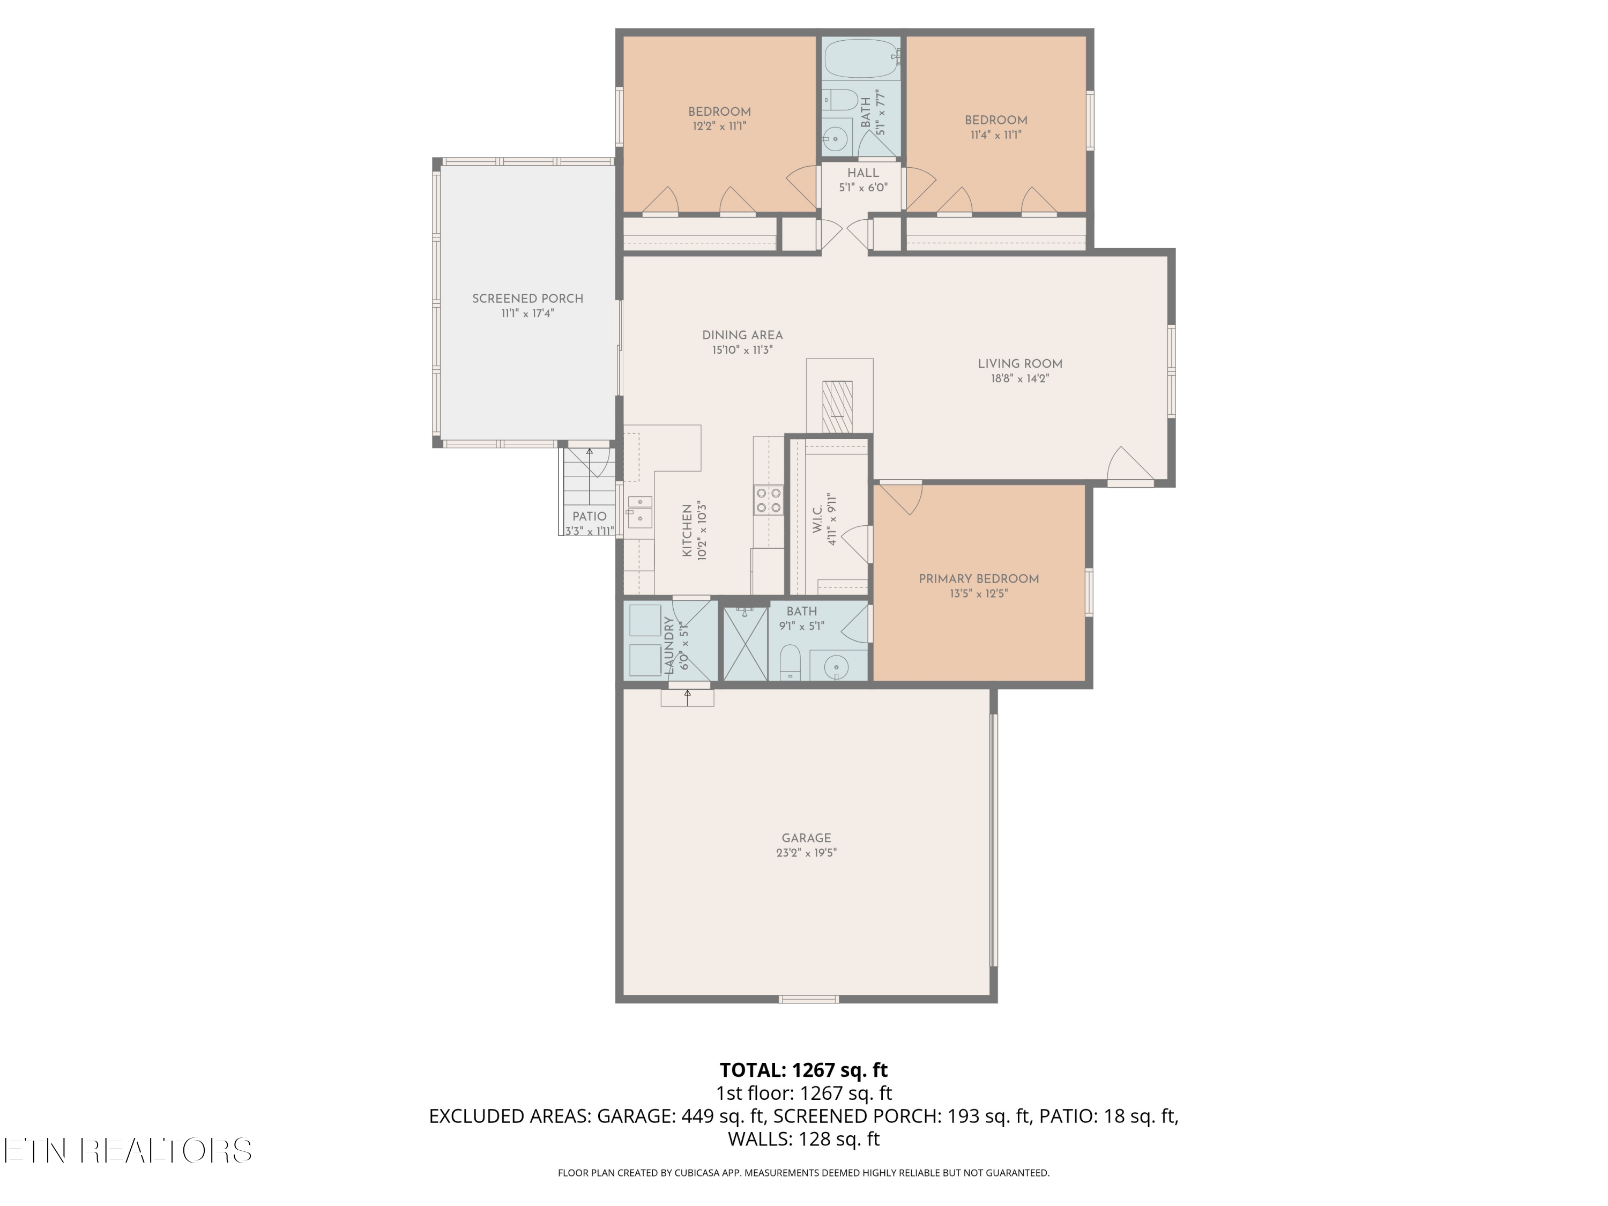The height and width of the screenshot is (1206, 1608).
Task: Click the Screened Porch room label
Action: click(528, 299)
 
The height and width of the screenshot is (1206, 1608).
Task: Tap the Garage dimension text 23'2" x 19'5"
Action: click(806, 853)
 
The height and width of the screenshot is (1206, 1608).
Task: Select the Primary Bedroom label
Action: click(978, 579)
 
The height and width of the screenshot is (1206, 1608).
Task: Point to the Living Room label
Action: click(1020, 364)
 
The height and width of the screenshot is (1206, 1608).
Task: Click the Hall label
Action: click(863, 173)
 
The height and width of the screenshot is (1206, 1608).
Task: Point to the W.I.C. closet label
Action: click(817, 520)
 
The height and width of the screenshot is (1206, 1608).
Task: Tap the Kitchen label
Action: click(687, 531)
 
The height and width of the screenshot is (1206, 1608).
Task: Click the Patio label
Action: click(589, 517)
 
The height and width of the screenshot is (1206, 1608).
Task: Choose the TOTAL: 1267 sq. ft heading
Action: click(803, 1070)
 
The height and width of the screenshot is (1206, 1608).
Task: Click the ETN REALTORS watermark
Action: click(128, 1151)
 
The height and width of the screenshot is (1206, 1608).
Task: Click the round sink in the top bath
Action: click(836, 137)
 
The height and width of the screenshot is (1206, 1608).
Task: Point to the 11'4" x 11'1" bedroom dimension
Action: click(996, 135)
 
